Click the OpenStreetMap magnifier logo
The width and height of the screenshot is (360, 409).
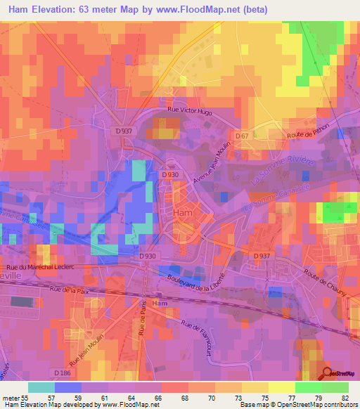click(328, 372)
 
